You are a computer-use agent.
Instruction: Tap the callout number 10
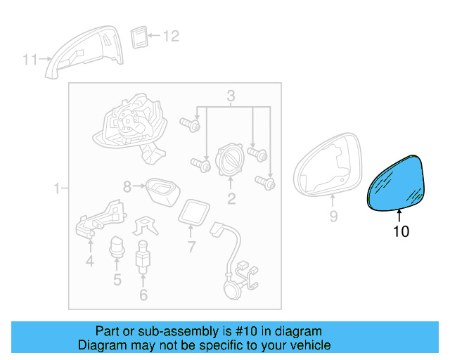pos(401,231)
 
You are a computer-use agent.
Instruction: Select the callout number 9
pos(333,216)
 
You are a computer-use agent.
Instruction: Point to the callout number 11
pos(30,60)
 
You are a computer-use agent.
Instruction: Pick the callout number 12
pos(171,36)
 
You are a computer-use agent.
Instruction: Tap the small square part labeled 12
pos(139,37)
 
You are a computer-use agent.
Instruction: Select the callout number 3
pos(231,96)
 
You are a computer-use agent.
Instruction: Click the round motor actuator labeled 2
pos(231,160)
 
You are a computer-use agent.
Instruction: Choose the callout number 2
pos(231,199)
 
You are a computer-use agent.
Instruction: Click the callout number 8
pos(127,186)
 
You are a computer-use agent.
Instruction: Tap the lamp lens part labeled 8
pos(162,192)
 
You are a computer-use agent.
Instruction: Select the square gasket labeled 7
pos(194,213)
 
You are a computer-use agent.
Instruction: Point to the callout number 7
pos(191,247)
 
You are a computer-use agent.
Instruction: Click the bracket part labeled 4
pos(101,219)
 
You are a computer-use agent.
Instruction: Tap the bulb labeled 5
pos(117,247)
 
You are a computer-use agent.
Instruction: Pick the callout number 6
pos(143,295)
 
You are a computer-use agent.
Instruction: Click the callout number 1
pos(57,188)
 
